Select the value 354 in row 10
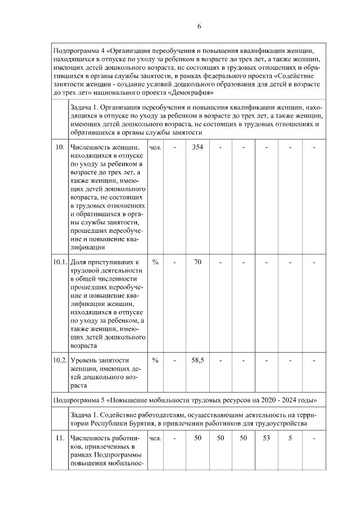click(x=197, y=147)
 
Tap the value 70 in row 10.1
click(x=197, y=262)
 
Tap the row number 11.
click(x=59, y=437)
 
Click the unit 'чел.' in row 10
click(x=155, y=147)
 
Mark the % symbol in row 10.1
click(x=155, y=262)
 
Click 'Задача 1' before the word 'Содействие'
click(x=85, y=413)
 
